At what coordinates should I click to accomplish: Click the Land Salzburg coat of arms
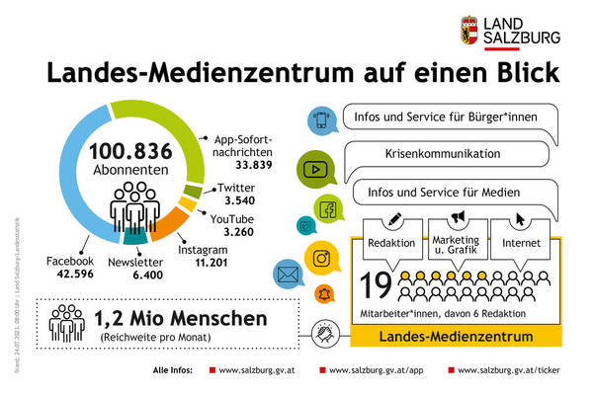pos(473,30)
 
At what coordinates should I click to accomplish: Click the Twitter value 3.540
pos(234,202)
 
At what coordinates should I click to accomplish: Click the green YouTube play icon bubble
pos(316,169)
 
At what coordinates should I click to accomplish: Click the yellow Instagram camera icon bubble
pos(320,260)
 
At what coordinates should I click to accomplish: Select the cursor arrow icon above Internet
pos(520,216)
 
